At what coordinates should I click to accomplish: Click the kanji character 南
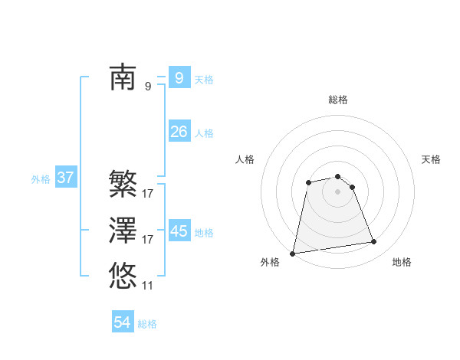point(123,77)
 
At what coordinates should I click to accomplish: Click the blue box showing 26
point(179,132)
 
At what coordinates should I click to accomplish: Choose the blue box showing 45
point(179,231)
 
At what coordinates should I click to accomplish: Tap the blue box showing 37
point(65,178)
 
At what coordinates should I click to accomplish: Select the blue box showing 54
point(122,322)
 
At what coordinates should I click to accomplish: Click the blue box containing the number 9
point(179,77)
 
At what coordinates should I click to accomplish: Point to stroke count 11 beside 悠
point(147,286)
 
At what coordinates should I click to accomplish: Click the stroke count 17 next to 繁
point(147,194)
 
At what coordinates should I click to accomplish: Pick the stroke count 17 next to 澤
point(147,240)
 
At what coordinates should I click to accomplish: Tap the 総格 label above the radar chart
point(338,100)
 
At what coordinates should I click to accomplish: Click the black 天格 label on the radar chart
point(431,159)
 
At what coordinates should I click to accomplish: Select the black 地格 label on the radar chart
point(402,263)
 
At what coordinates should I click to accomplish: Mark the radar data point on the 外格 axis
point(293,253)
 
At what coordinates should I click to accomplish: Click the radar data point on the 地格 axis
point(374,242)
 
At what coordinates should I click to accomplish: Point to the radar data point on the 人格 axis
point(308,182)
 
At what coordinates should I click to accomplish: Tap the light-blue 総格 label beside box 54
point(147,324)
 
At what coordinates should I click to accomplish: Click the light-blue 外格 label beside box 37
point(41,179)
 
